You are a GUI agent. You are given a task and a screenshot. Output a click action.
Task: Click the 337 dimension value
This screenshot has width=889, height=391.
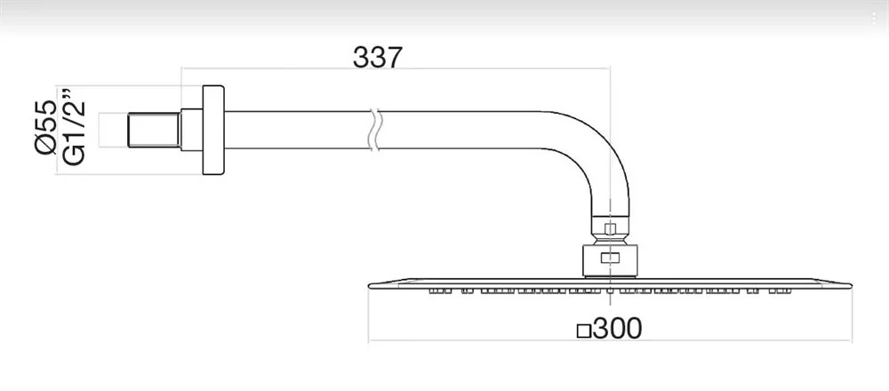click(x=378, y=57)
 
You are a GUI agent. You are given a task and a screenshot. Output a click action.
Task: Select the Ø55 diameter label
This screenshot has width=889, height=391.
click(x=45, y=127)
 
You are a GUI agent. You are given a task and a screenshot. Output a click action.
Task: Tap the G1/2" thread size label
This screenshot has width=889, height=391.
click(x=74, y=127)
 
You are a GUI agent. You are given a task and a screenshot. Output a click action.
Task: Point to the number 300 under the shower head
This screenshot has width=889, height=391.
click(x=618, y=328)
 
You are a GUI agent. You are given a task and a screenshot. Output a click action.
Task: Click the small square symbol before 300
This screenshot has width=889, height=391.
click(x=584, y=331)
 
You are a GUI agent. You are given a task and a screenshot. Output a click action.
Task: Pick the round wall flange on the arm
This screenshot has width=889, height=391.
click(x=213, y=130)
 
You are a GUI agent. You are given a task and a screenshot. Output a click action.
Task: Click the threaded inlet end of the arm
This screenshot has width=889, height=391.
click(x=154, y=130)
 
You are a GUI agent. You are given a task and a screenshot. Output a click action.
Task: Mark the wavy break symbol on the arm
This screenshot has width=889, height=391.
click(x=373, y=130)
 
